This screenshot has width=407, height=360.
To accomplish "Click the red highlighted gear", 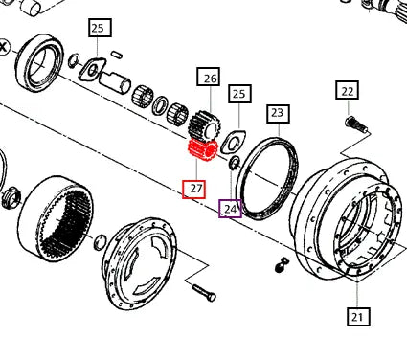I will click(200, 151).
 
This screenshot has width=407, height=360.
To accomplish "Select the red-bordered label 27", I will click(194, 189).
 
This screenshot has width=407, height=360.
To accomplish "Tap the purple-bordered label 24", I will click(230, 208).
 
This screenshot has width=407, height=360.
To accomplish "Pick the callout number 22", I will click(347, 91).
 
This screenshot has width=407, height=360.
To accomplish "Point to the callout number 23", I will click(277, 113).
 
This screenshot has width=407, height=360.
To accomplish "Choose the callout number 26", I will click(209, 77).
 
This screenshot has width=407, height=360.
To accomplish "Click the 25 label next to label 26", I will click(239, 94).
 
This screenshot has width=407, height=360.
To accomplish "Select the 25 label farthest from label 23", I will click(98, 29).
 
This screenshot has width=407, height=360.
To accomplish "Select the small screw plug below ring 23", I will click(281, 262).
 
